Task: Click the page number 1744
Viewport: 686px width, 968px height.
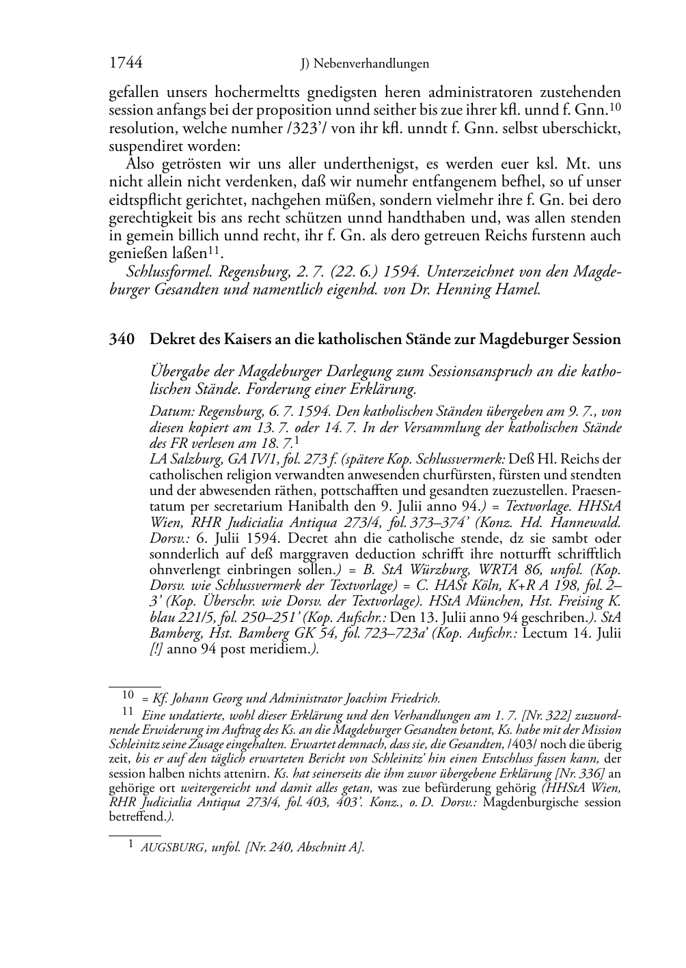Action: tap(126, 63)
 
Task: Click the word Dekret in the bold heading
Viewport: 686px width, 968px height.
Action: tap(171, 339)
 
